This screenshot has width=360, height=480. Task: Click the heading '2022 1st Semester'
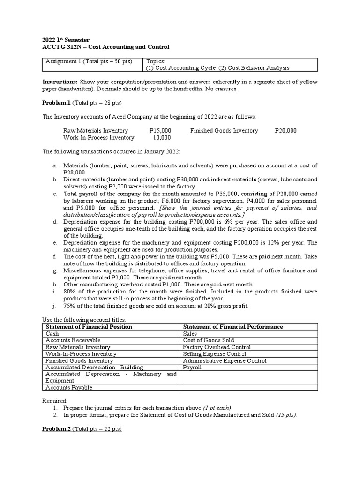(x=66, y=40)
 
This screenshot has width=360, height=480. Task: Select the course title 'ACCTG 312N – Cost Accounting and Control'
(x=105, y=47)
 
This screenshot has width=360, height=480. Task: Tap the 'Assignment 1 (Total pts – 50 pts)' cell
(x=89, y=61)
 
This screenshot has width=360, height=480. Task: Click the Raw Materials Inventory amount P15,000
(x=160, y=131)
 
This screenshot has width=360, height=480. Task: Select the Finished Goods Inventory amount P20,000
(x=285, y=131)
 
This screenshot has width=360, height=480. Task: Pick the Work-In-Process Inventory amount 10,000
(x=162, y=138)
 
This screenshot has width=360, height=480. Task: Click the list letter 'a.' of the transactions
(x=55, y=165)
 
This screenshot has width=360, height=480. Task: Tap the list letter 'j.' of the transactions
(x=55, y=306)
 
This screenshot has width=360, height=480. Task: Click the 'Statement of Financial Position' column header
(x=89, y=327)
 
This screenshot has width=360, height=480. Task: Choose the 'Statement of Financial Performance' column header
(x=232, y=327)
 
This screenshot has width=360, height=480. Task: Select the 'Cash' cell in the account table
(x=52, y=333)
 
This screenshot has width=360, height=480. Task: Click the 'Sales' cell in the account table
(x=190, y=333)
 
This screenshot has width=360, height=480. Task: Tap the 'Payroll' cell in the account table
(x=192, y=367)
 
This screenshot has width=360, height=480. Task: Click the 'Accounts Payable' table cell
(x=69, y=388)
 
